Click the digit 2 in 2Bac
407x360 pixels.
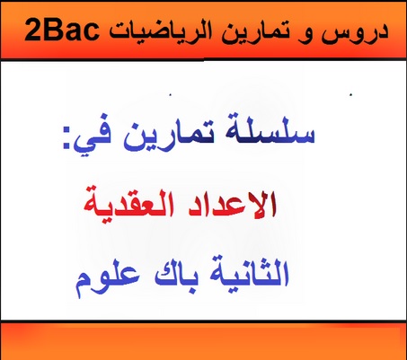point(32,31)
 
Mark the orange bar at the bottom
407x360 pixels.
point(203,341)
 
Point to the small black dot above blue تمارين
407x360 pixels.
point(170,95)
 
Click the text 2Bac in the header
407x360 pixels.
point(63,31)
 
